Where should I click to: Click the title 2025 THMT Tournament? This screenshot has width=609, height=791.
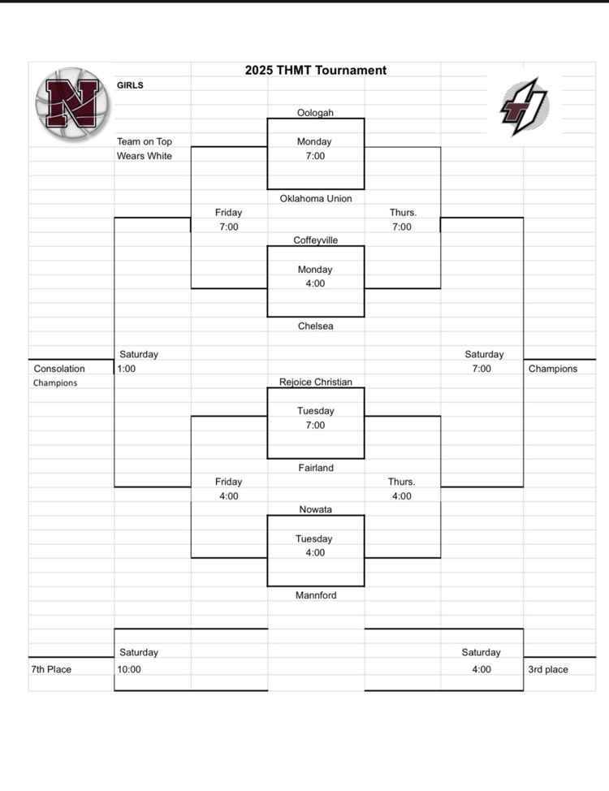point(316,71)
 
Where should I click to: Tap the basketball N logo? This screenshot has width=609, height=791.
point(71,103)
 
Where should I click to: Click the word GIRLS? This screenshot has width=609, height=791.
point(130,85)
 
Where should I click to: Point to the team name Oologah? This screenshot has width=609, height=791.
point(316,113)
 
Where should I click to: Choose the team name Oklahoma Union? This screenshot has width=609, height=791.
point(316,198)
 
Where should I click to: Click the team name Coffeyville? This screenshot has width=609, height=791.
point(316,240)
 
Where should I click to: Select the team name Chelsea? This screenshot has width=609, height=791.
point(316,326)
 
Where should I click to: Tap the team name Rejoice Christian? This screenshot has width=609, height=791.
point(316,382)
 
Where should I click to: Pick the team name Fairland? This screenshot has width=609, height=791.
point(316,468)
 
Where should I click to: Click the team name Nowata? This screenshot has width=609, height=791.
point(316,509)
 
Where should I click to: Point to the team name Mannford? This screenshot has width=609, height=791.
point(316,595)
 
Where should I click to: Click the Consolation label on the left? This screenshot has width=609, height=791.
point(59,369)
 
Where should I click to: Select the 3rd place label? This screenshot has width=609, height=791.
point(548,670)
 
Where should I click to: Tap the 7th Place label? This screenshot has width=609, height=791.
point(51,670)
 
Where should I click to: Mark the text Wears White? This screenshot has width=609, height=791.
point(144,156)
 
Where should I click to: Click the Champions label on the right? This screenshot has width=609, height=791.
point(553,369)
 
